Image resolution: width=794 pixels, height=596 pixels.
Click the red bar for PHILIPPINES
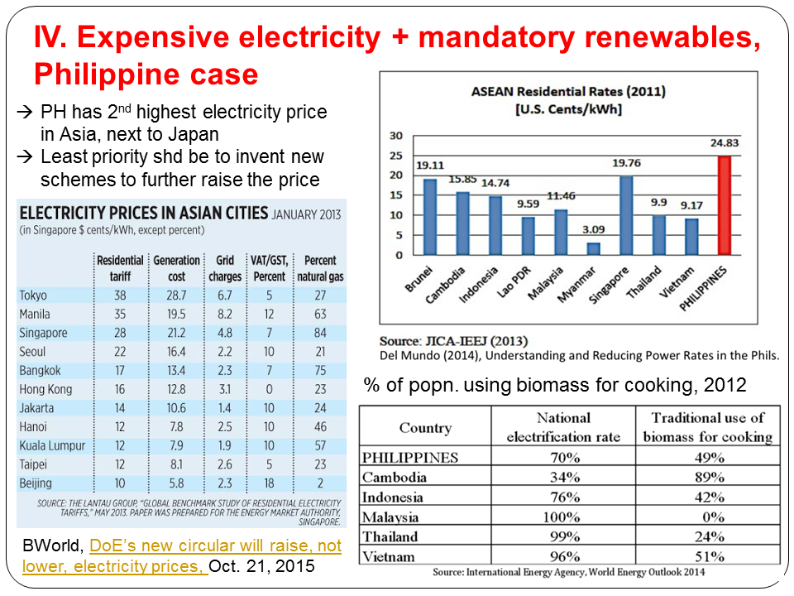(x=725, y=205)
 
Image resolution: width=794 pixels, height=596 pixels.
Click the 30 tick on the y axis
(x=396, y=136)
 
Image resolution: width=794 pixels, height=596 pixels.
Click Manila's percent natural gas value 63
(x=319, y=315)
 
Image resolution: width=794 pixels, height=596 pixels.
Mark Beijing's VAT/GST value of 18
(x=269, y=483)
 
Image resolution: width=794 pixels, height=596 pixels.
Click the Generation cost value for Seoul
(x=176, y=352)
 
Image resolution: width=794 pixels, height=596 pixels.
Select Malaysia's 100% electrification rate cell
(x=563, y=517)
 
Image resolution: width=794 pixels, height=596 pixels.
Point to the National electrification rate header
(x=563, y=427)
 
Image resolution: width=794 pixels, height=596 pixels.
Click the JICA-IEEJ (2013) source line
(x=453, y=341)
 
